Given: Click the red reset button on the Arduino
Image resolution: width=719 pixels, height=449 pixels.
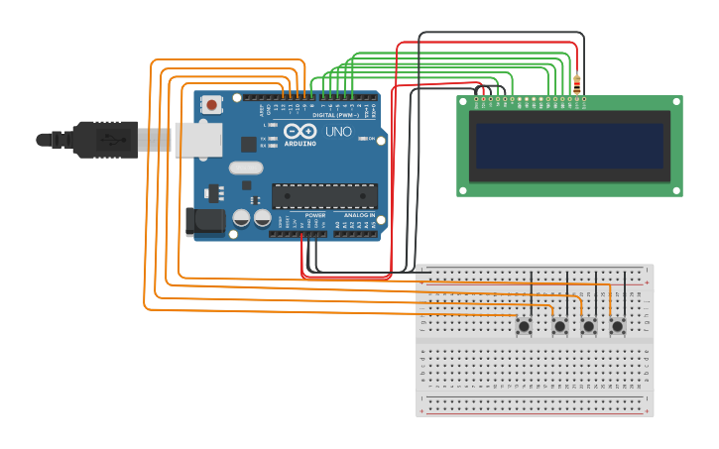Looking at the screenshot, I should tap(211, 104).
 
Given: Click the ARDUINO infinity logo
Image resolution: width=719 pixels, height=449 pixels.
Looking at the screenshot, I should tap(300, 132).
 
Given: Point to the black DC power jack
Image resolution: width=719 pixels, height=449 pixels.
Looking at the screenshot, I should tap(205, 221).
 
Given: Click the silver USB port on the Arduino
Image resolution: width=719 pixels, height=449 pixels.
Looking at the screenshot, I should tap(198, 139).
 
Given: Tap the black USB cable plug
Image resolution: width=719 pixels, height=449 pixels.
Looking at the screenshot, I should tap(104, 140).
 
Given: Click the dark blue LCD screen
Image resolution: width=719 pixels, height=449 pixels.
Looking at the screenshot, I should tap(569, 146).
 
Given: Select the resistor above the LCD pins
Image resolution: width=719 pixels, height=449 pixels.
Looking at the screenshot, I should tap(577, 83).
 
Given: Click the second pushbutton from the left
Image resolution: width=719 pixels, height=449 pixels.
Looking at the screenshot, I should tap(559, 326).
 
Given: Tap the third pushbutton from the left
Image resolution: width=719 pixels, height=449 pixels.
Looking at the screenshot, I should tap(588, 326).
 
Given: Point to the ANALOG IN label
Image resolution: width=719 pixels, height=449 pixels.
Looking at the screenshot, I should tap(359, 215).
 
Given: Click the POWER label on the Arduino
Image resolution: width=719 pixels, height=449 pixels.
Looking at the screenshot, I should tap(314, 215).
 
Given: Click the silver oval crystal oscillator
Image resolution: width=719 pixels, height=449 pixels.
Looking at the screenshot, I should tap(245, 168).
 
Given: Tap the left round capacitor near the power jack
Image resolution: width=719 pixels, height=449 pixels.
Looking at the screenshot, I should tap(241, 217).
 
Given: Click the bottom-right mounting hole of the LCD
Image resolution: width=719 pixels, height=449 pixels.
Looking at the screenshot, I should tap(675, 188).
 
